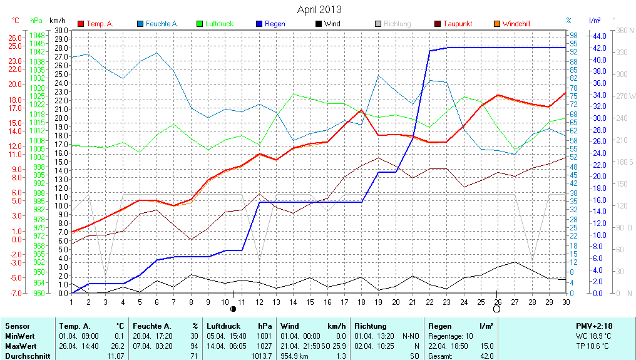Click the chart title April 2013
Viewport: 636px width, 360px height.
pos(319,10)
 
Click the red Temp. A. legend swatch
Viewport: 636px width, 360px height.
pos(81,24)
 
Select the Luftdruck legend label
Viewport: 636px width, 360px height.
pos(219,24)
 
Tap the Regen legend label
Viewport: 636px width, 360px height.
pos(275,24)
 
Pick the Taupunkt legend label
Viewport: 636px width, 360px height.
pos(458,24)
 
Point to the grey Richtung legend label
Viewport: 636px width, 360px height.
pos(397,24)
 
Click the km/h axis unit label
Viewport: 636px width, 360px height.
pos(58,21)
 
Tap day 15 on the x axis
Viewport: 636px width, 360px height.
pos(310,302)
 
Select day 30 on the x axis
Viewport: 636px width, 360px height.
pos(566,302)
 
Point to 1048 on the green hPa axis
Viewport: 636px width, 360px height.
pos(37,35)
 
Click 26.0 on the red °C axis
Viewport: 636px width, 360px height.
pos(15,38)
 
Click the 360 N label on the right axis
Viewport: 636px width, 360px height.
pos(625,30)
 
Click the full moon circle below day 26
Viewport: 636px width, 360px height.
pos(497,309)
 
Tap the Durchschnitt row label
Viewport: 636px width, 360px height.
pos(28,356)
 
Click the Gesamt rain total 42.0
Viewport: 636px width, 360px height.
pos(486,356)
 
